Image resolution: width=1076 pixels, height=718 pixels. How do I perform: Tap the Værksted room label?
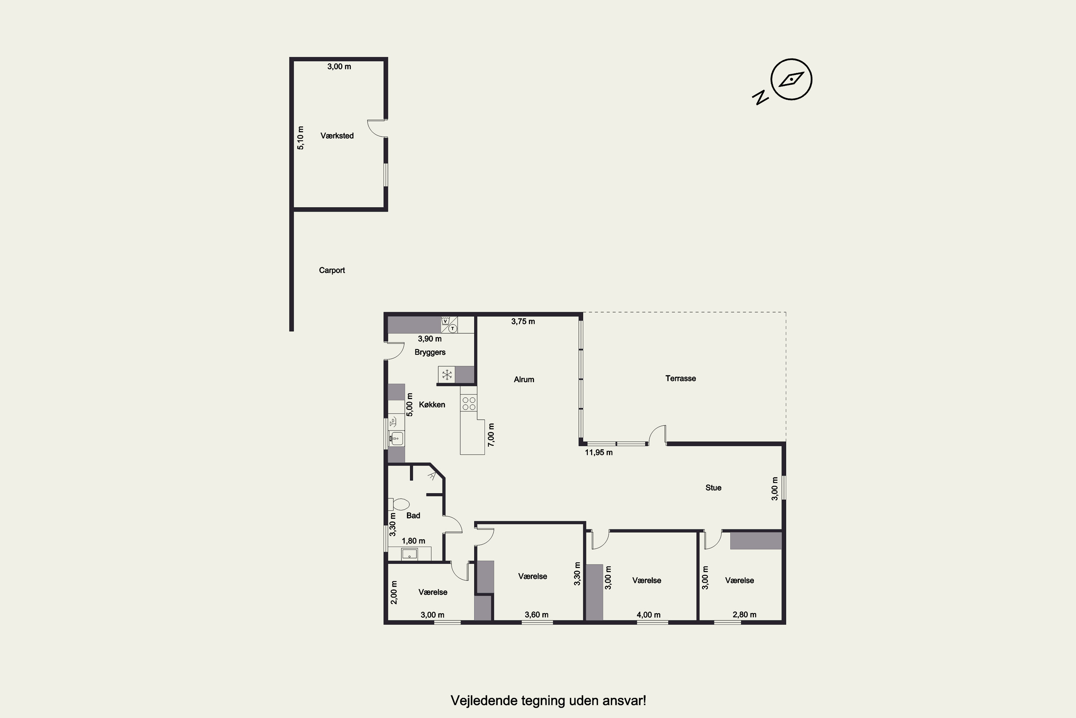337,136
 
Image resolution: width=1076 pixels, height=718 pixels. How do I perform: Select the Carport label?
332,270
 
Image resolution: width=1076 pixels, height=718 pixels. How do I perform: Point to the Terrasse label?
680,378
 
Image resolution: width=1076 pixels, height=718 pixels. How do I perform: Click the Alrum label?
524,379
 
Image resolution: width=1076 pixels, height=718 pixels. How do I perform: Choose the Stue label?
713,488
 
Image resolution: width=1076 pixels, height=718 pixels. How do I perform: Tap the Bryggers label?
430,352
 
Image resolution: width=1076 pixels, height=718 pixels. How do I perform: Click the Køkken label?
432,404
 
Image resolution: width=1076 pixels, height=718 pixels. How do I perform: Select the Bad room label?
413,515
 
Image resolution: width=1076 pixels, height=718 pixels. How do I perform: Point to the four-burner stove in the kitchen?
469,404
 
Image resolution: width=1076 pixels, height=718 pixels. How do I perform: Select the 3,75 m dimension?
523,321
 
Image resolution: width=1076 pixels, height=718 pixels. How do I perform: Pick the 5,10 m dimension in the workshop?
300,138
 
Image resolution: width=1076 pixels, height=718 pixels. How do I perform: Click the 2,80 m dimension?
744,615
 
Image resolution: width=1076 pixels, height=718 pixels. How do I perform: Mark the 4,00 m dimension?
648,615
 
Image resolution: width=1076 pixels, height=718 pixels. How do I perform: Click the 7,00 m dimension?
491,434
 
